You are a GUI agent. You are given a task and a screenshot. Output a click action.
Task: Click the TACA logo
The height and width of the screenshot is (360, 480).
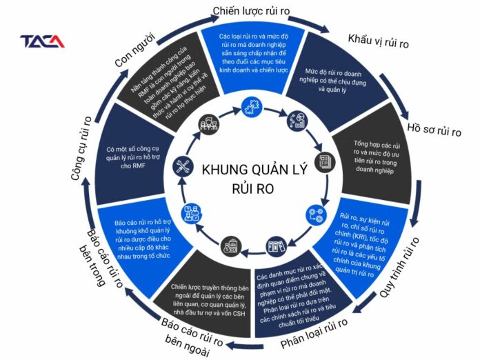(x=42, y=41)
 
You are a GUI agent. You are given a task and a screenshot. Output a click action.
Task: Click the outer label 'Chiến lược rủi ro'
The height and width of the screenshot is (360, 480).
(x=250, y=10)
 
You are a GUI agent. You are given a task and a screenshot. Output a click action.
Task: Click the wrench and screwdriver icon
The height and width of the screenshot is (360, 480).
(x=183, y=166)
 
